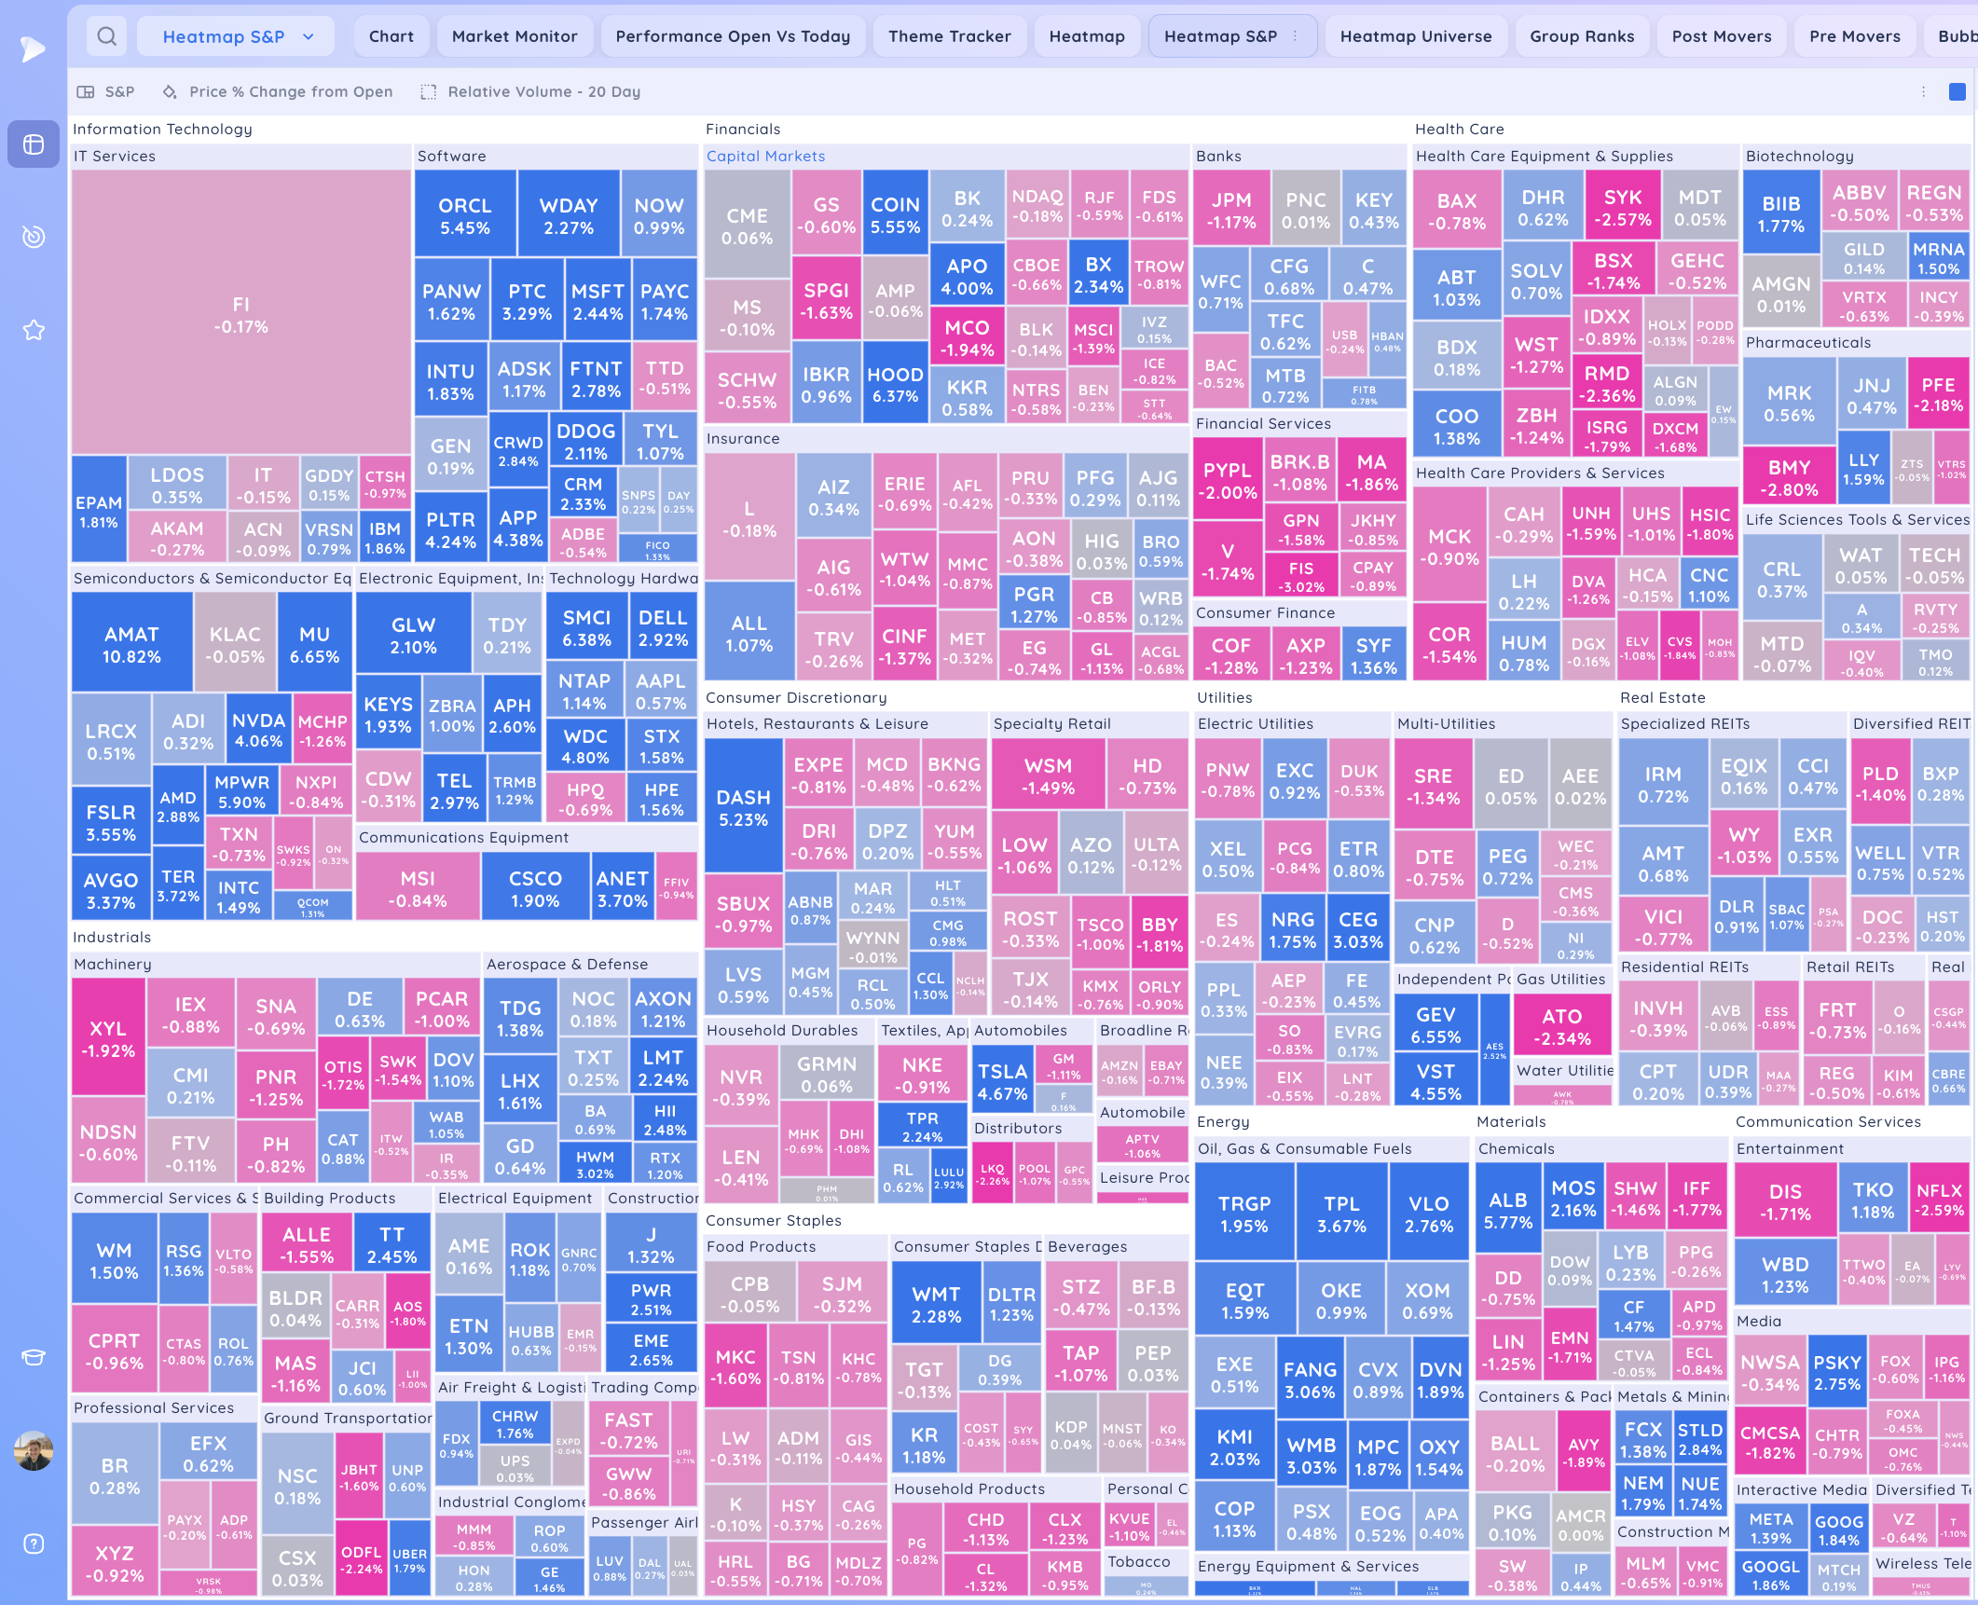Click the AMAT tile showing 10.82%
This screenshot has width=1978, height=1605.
(131, 644)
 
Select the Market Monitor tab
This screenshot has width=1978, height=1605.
(515, 36)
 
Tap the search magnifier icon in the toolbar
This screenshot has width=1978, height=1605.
(107, 36)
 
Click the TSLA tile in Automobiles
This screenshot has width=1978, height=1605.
(1002, 1082)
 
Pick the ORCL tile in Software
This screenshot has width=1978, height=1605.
(464, 215)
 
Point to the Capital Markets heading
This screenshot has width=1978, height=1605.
(765, 157)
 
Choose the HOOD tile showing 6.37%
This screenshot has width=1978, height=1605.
(895, 385)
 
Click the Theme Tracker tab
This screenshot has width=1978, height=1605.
(949, 36)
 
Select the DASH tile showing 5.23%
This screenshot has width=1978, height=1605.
(743, 807)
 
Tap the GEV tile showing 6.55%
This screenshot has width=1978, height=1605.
(1435, 1024)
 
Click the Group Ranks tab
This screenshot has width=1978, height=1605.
(1581, 36)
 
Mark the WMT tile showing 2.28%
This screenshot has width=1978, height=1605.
(936, 1304)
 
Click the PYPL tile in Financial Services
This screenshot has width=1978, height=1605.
(1227, 480)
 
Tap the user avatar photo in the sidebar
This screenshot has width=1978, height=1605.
(34, 1450)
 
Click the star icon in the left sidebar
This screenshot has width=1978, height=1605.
(34, 331)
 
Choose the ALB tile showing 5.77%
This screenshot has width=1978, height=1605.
(1507, 1210)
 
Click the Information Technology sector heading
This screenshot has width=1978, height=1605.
(162, 130)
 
